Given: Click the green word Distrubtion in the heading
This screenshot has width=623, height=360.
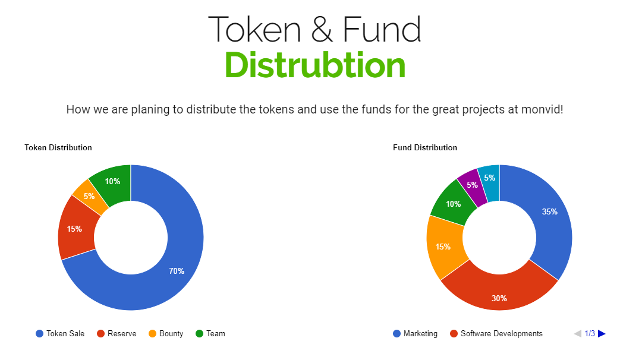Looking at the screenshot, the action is coord(315,65).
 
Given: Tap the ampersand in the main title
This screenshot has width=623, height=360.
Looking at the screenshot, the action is coord(322,29).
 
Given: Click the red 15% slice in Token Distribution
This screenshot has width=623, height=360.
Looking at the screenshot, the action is coord(75,229).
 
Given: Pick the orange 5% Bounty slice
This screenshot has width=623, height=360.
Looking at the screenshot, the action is coord(90,197).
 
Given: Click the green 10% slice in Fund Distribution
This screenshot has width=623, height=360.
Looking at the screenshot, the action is coord(453,203).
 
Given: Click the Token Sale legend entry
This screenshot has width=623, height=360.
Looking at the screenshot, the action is coord(60,333).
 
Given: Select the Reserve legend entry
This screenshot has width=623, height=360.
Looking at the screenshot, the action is coord(117,333).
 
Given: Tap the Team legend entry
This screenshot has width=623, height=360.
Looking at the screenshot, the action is coord(210,333).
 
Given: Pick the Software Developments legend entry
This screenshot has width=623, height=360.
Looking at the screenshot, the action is coord(496,333).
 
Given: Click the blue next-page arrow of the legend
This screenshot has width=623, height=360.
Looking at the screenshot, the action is coord(602,333).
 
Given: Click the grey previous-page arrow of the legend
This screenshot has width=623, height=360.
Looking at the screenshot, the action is coord(578,333).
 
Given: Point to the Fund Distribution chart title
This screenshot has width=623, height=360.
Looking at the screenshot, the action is coord(425,148).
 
